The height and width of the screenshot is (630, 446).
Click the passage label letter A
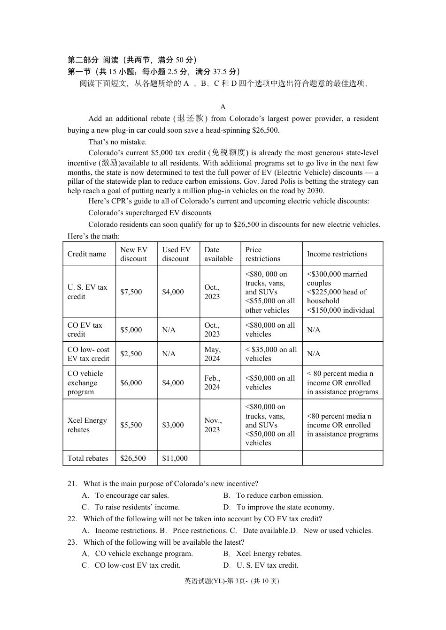223,107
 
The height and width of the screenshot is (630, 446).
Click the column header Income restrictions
337,254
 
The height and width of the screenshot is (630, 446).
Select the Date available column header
218,254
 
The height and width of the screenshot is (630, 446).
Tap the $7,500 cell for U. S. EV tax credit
131,292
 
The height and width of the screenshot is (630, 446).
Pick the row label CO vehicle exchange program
85,382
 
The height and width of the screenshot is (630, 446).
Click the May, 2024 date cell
212,354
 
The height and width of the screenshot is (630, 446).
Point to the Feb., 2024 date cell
212,382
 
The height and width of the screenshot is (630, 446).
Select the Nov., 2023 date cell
213,425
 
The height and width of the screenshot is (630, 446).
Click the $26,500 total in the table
133,458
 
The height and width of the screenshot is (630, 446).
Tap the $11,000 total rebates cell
175,458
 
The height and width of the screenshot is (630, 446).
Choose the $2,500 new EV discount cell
131,354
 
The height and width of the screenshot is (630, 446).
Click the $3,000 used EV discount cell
173,425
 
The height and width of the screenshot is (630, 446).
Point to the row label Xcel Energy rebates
87,425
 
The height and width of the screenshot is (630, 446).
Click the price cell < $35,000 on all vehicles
271,354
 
